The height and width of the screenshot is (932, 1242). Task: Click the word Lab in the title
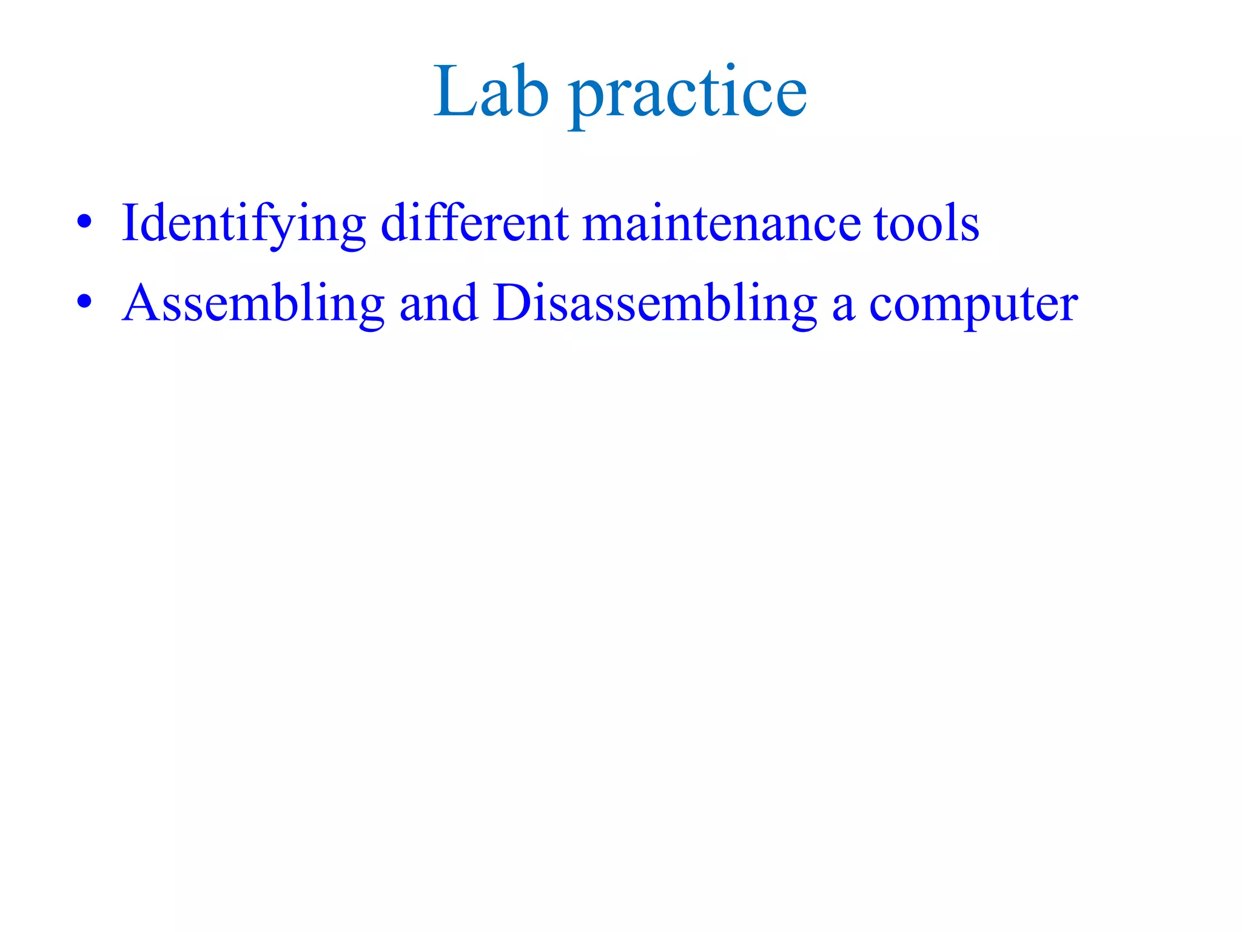pos(491,92)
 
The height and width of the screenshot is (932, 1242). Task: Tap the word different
pos(475,223)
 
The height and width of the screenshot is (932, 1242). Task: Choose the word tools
pos(926,224)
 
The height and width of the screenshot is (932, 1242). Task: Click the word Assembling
pos(253,303)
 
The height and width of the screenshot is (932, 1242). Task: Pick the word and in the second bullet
pos(438,303)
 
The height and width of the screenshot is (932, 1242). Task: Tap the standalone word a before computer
pos(843,306)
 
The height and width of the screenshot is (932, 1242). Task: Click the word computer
pos(973,306)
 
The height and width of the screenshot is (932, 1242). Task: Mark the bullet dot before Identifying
pos(84,221)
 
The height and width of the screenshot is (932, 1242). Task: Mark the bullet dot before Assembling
pos(84,301)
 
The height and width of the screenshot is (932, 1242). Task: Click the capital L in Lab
pos(452,91)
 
